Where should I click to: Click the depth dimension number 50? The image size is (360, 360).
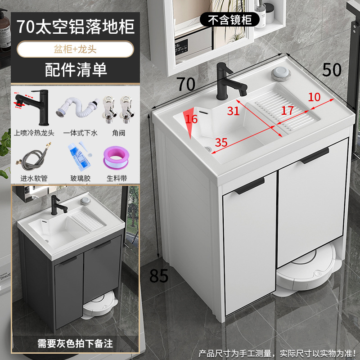click(x=332, y=70)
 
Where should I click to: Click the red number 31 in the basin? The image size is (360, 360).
click(x=233, y=111)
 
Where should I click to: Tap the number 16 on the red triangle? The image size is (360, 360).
click(x=191, y=120)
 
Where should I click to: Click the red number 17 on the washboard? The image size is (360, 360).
click(x=288, y=110)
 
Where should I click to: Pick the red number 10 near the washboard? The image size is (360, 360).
click(x=315, y=96)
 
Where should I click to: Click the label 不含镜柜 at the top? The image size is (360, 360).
click(x=229, y=19)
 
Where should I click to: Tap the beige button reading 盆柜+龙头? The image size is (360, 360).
click(x=75, y=49)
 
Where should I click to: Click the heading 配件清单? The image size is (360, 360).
click(x=75, y=69)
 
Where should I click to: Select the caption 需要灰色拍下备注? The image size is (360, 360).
click(x=75, y=344)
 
